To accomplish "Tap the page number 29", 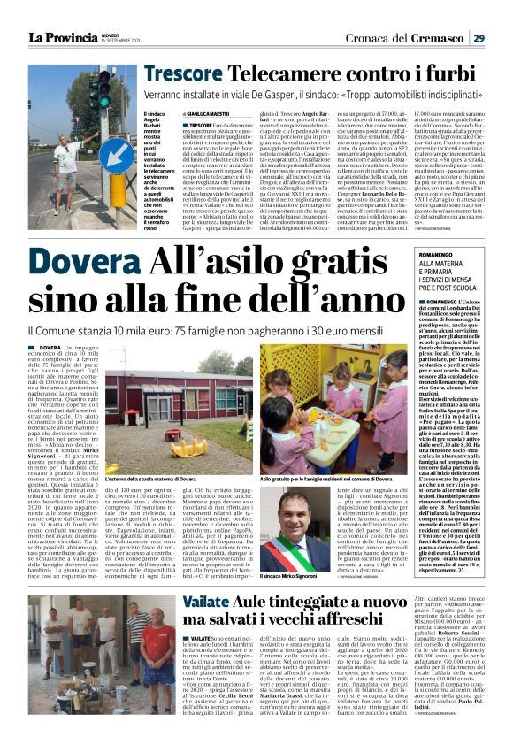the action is (x=479, y=37).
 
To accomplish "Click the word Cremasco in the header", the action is (x=435, y=37).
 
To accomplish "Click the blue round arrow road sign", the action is (x=116, y=154).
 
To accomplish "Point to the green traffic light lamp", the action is (x=94, y=103).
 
